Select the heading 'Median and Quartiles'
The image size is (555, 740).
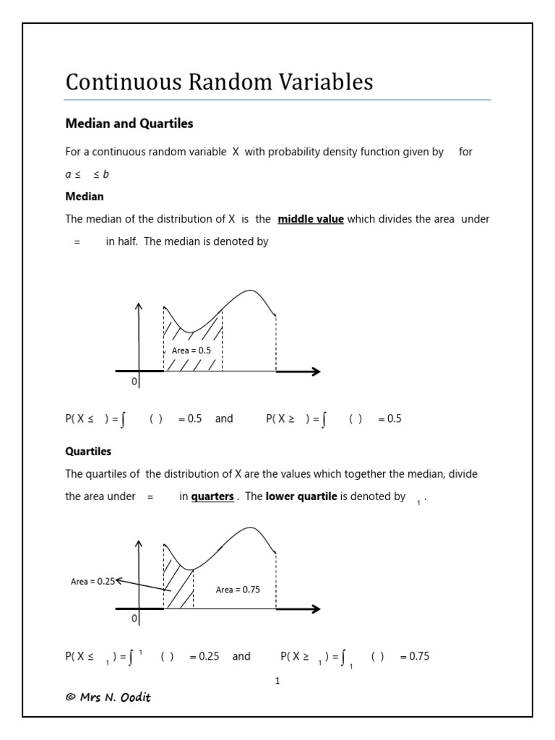(x=129, y=124)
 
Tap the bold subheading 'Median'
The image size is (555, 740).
(x=85, y=197)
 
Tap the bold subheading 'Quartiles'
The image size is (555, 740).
(x=88, y=451)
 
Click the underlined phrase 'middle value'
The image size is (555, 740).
(x=311, y=219)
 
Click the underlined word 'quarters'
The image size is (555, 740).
(x=212, y=496)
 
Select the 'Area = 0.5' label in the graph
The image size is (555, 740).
(x=192, y=350)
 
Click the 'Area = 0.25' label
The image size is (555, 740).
(x=92, y=581)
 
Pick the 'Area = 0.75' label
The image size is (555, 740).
(x=238, y=590)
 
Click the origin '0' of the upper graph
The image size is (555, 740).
(x=134, y=382)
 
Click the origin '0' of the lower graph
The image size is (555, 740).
(x=134, y=619)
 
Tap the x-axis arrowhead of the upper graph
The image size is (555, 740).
(x=315, y=371)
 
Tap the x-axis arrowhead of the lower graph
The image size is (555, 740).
(x=315, y=609)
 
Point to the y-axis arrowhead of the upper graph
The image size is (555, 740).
(x=139, y=306)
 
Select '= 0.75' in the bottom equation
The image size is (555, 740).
(x=414, y=656)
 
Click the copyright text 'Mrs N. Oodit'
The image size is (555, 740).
(x=108, y=697)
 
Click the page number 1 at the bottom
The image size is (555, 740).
(x=277, y=681)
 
